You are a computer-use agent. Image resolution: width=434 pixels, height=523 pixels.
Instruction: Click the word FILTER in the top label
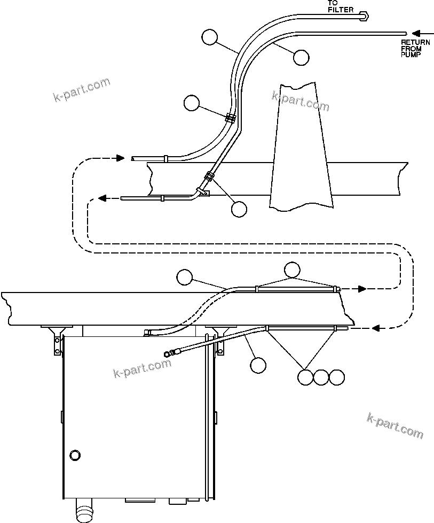[341, 10]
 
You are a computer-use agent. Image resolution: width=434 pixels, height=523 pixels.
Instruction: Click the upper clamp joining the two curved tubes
[231, 118]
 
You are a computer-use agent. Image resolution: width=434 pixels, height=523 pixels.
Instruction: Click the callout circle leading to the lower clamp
[239, 209]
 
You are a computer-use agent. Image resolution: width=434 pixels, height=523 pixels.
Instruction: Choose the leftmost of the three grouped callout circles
[305, 377]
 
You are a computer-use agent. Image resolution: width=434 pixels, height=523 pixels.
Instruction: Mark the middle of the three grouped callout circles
[321, 377]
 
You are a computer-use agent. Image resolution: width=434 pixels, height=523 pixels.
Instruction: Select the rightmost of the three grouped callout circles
[336, 377]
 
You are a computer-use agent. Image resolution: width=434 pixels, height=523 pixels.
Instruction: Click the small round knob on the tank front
[75, 455]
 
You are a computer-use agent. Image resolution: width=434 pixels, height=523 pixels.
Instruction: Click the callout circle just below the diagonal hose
[258, 365]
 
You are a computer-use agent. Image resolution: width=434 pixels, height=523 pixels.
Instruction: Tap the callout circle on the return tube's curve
[301, 57]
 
